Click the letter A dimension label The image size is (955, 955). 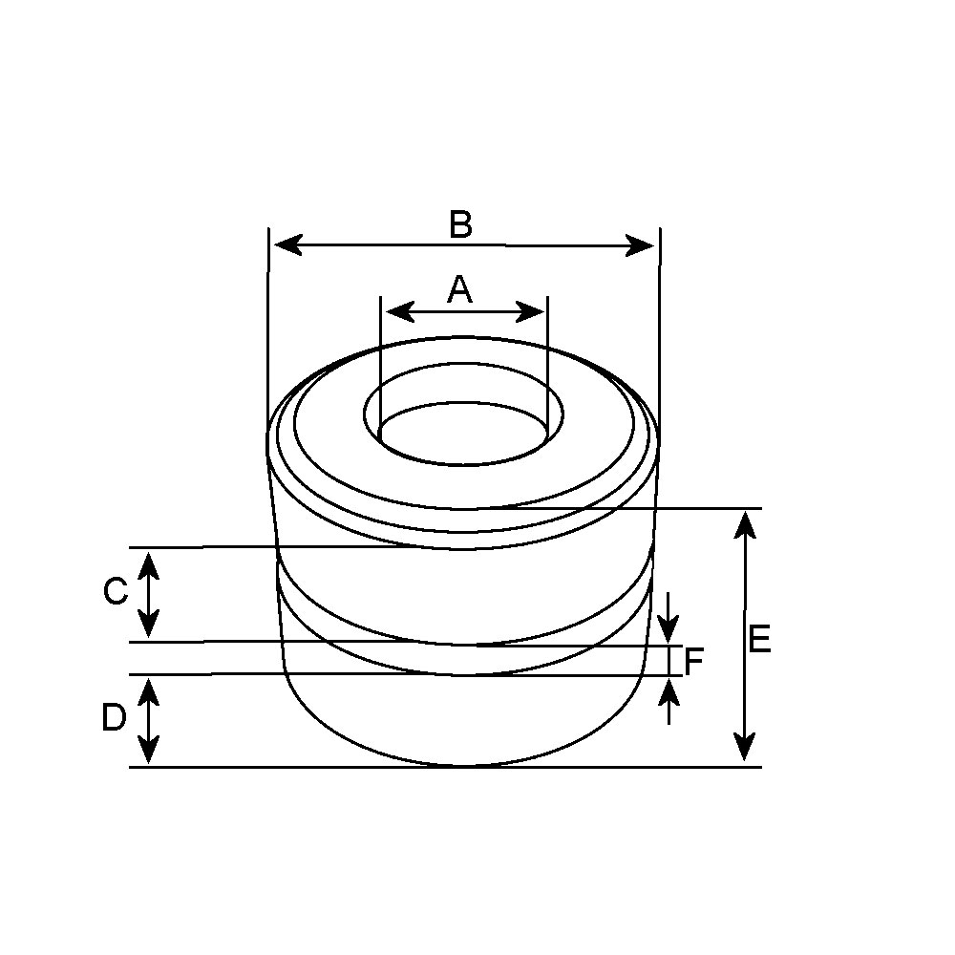[x=460, y=288]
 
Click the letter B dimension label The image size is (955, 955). [x=460, y=225]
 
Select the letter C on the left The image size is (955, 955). [x=115, y=592]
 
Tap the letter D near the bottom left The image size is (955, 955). [x=114, y=718]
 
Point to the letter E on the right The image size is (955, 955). [x=759, y=640]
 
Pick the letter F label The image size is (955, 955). [x=694, y=661]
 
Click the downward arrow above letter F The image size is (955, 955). [x=669, y=629]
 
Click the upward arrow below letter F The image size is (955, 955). [x=669, y=690]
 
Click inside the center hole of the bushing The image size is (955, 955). [x=464, y=435]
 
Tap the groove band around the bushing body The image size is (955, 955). [x=468, y=660]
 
